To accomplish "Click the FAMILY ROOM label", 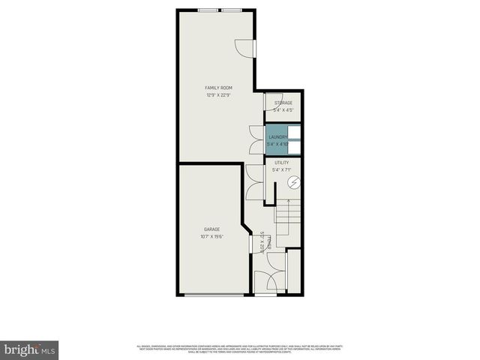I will (x=219, y=88).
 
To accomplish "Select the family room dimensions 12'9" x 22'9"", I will (x=219, y=95).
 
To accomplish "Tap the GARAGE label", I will (x=211, y=229).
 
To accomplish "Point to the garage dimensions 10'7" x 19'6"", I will (x=211, y=236).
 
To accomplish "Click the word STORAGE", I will (x=283, y=103).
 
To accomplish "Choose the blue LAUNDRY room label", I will (x=277, y=137).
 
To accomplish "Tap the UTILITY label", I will (x=282, y=163).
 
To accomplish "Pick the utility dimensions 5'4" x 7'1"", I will (x=282, y=170).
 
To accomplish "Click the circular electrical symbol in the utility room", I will (x=294, y=182).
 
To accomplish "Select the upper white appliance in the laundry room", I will (x=295, y=132).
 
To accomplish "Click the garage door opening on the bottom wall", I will (x=214, y=295).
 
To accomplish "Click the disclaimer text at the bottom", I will (x=239, y=348).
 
